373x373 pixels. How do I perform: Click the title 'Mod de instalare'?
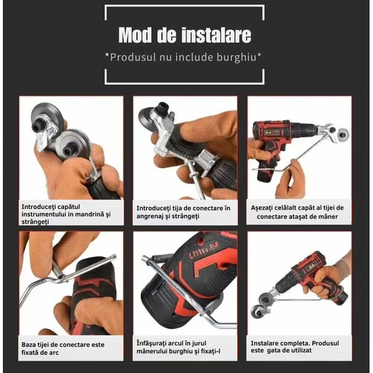tap(184, 35)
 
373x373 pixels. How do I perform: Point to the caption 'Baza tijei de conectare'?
tap(63, 348)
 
